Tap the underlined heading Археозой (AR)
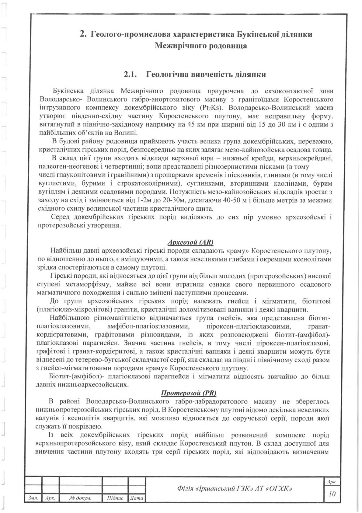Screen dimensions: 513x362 [190, 243]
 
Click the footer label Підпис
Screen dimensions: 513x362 [115, 498]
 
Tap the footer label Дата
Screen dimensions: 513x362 [136, 498]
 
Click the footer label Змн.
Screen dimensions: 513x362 [33, 498]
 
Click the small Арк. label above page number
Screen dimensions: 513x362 [332, 482]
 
